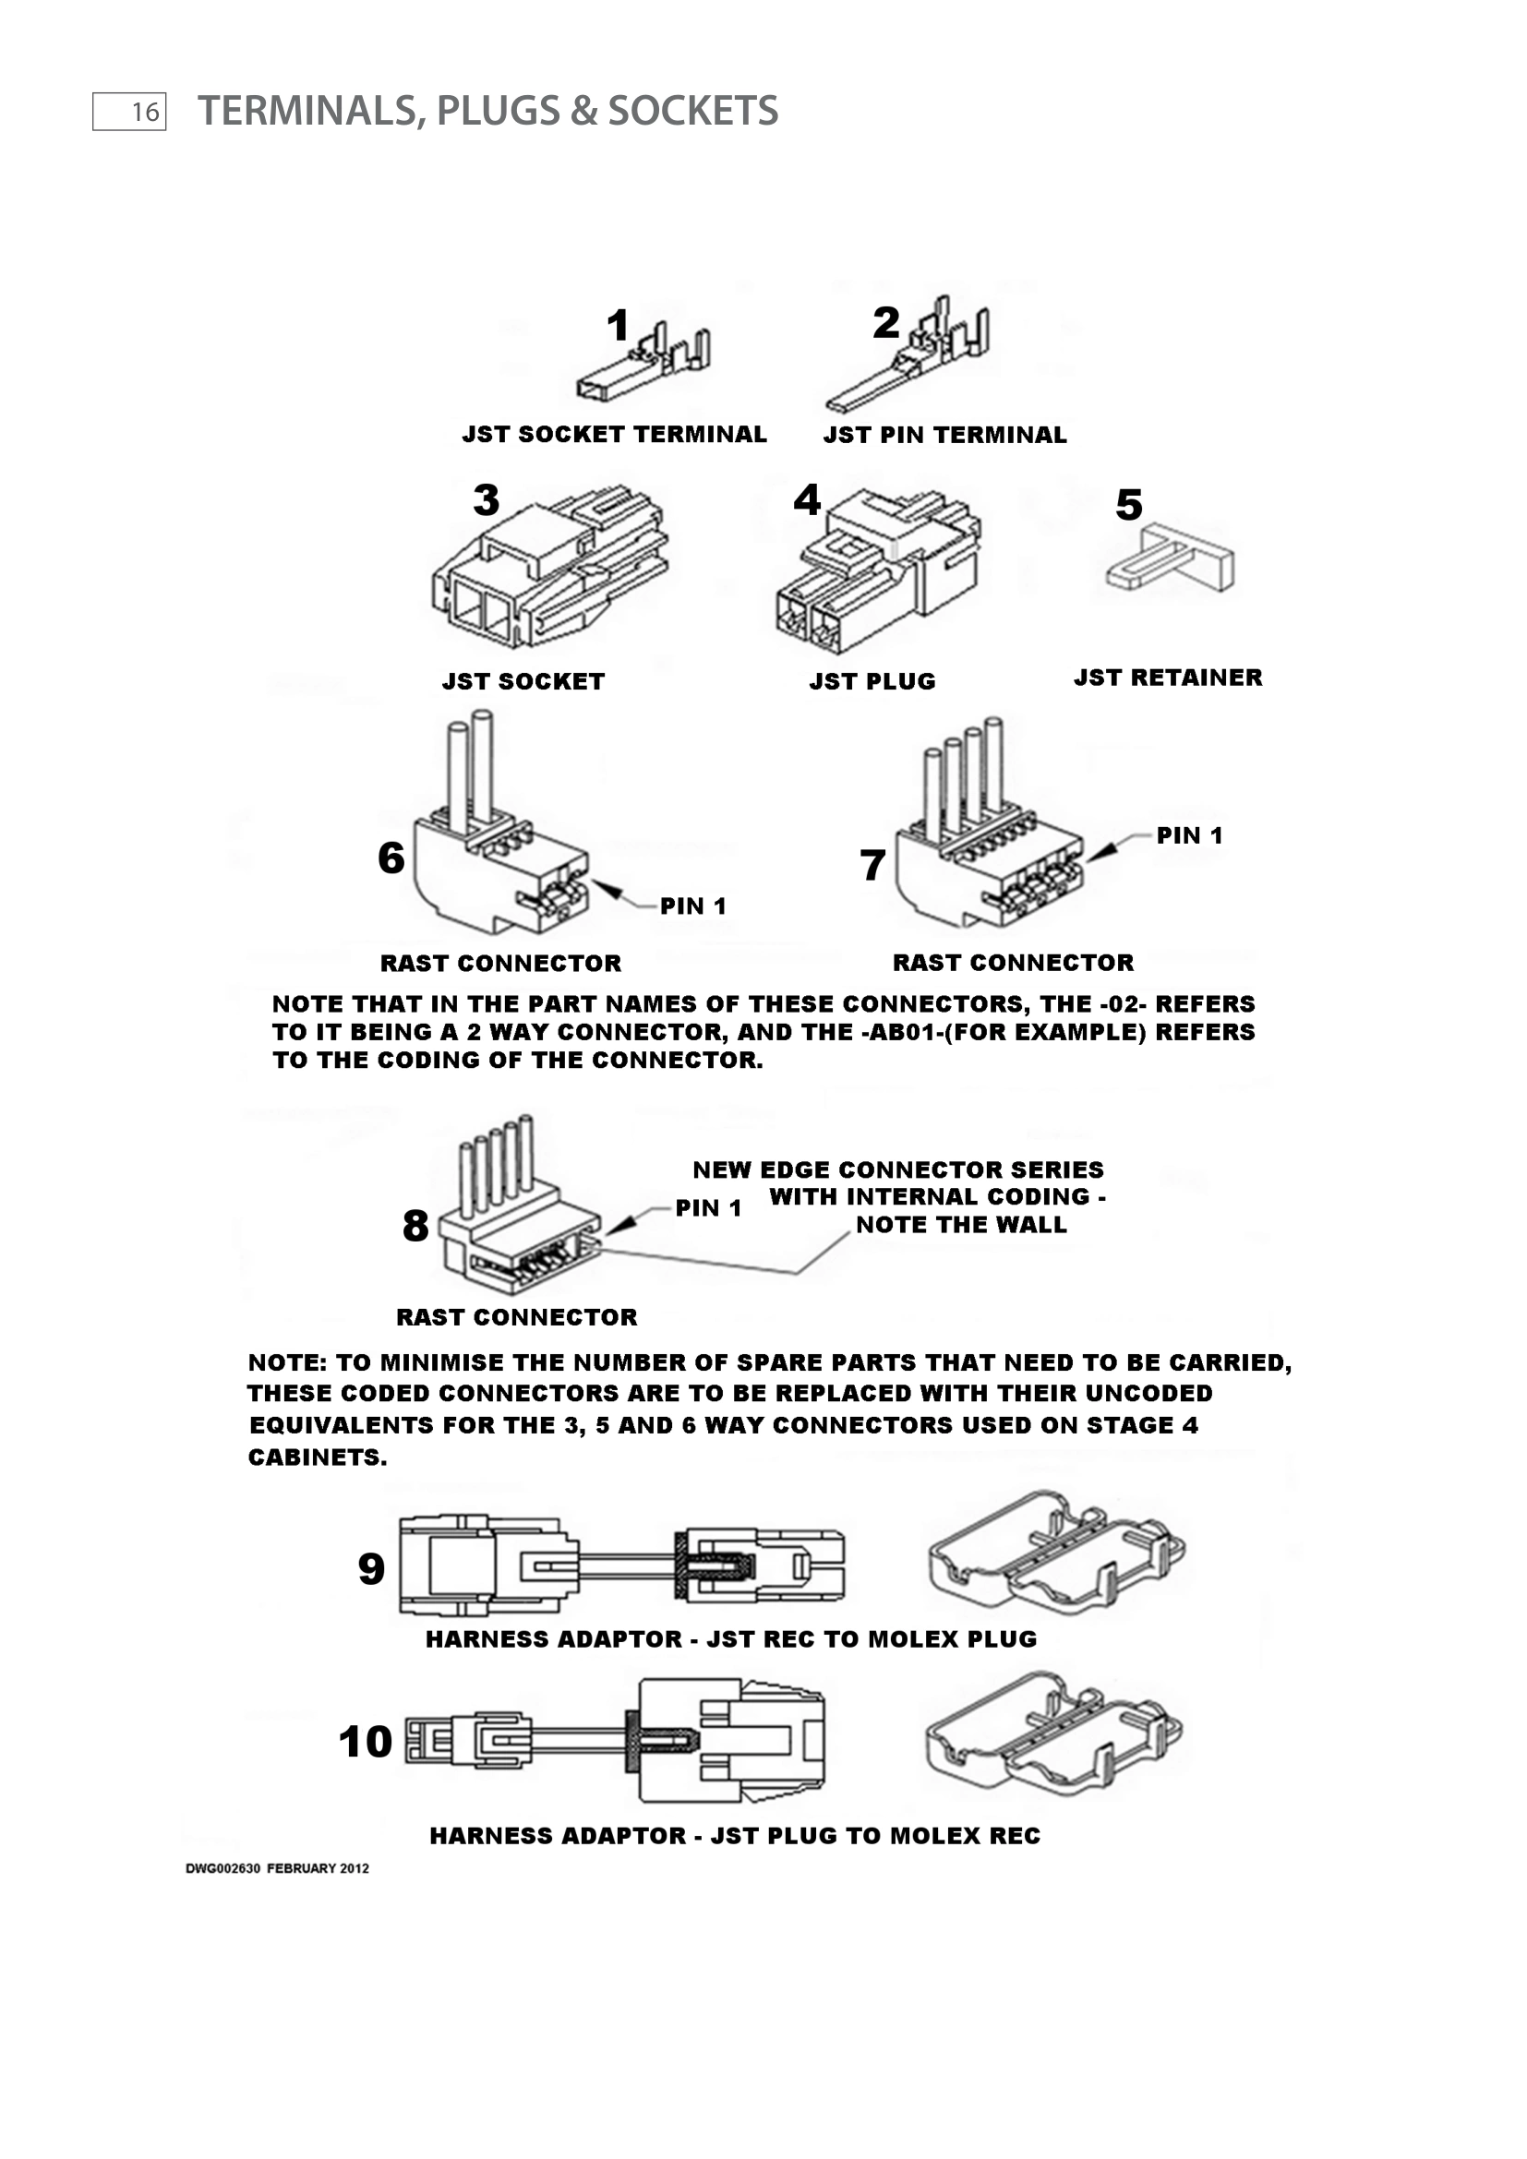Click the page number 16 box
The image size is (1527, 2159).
pyautogui.click(x=129, y=112)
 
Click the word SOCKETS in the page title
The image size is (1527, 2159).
pyautogui.click(x=692, y=111)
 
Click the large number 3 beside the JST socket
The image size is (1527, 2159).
pyautogui.click(x=487, y=500)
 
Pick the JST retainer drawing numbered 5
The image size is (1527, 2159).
pyautogui.click(x=1172, y=558)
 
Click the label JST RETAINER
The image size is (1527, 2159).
pyautogui.click(x=1168, y=678)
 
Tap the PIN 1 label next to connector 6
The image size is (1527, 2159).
pyautogui.click(x=693, y=906)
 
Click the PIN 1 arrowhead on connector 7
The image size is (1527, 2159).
pyautogui.click(x=1106, y=850)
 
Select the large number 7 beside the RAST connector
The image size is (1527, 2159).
pyautogui.click(x=872, y=865)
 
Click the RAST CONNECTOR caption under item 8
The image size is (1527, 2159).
pyautogui.click(x=516, y=1317)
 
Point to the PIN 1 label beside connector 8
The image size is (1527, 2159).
pyautogui.click(x=709, y=1208)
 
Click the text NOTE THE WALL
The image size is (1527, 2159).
pyautogui.click(x=961, y=1225)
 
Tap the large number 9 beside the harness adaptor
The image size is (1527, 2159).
pyautogui.click(x=371, y=1569)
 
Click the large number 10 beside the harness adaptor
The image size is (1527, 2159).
pyautogui.click(x=365, y=1743)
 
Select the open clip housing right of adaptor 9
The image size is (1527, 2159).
pyautogui.click(x=1055, y=1551)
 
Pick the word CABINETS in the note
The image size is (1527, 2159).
pyautogui.click(x=317, y=1458)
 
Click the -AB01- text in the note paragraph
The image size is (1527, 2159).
pyautogui.click(x=893, y=1033)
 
